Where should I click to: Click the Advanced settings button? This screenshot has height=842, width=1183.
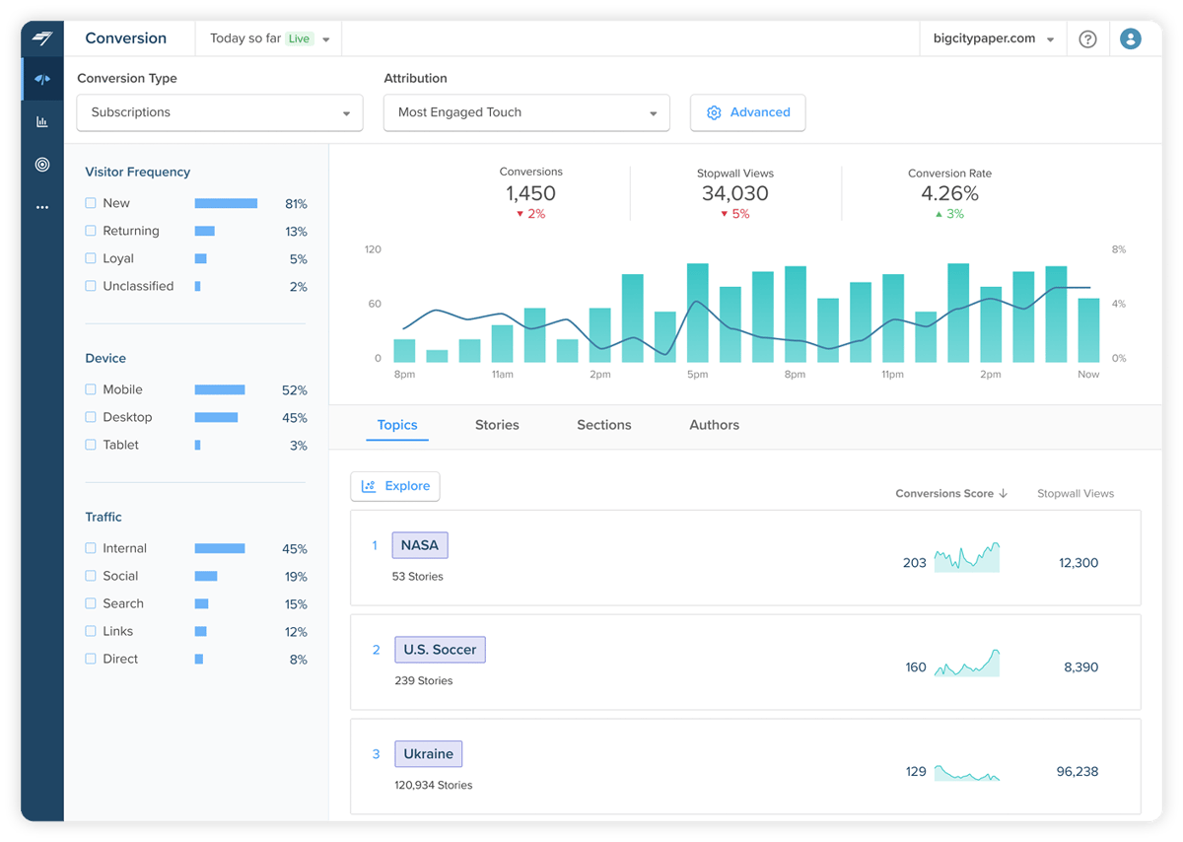(748, 112)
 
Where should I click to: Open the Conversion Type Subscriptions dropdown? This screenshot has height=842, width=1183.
(220, 112)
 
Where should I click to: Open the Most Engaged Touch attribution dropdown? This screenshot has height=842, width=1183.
(526, 112)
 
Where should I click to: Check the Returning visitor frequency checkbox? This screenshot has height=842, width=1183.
(91, 231)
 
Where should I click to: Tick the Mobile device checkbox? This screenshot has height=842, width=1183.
(91, 389)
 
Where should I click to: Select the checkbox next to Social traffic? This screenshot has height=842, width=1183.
(91, 576)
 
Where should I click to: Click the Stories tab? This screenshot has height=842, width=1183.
(497, 425)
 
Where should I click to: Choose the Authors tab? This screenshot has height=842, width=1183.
(714, 425)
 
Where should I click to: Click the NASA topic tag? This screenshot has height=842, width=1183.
(420, 545)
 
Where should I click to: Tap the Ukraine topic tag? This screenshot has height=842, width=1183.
(428, 754)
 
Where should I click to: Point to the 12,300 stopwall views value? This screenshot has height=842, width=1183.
(1079, 563)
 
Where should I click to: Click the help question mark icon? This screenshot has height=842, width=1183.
(1087, 39)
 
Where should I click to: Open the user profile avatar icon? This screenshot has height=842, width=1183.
(1131, 39)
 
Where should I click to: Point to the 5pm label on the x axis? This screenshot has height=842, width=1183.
(697, 375)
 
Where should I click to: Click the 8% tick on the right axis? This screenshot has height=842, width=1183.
(1118, 249)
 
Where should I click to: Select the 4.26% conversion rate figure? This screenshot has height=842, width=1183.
(949, 193)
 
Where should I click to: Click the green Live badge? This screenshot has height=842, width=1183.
(299, 39)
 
